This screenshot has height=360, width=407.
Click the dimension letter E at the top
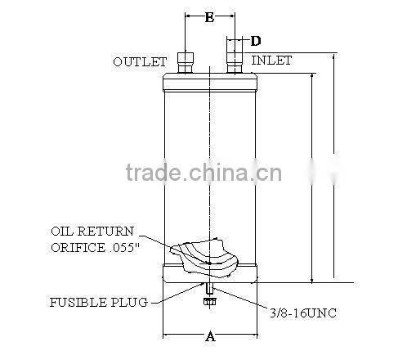click(210, 16)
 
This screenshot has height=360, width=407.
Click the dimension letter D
click(256, 40)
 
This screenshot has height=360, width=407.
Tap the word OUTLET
click(140, 61)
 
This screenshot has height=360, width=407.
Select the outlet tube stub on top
click(186, 63)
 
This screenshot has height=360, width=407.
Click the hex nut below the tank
click(208, 302)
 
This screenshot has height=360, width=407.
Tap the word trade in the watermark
click(156, 173)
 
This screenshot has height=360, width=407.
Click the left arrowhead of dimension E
click(189, 16)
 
